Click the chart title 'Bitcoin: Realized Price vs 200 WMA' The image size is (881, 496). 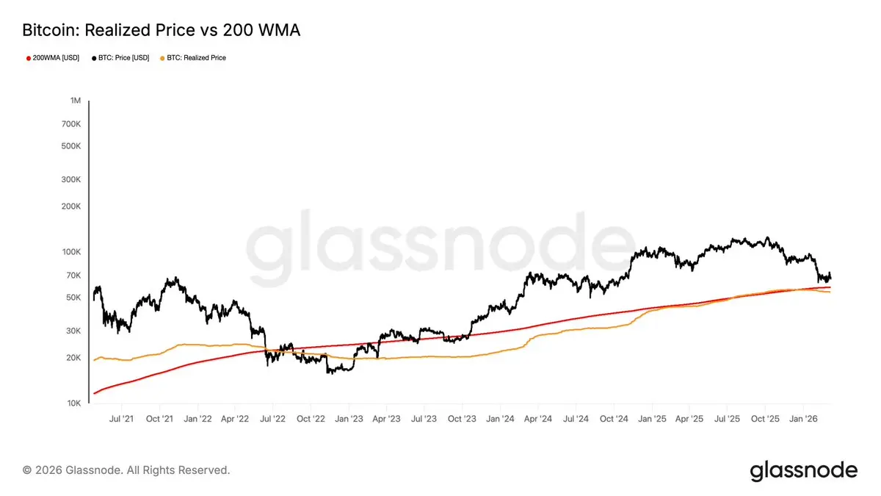(x=162, y=30)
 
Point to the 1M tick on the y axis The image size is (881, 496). (x=76, y=100)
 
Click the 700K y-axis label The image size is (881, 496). (x=71, y=124)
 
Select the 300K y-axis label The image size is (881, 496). (x=71, y=179)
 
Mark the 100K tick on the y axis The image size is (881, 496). (x=71, y=251)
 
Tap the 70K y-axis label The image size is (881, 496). (x=73, y=275)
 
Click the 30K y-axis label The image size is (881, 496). (x=73, y=331)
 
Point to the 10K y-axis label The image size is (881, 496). (x=73, y=403)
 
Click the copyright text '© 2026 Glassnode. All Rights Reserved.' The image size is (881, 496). (x=126, y=470)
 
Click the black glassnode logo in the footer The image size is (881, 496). (x=803, y=470)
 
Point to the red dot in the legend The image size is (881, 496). (x=28, y=58)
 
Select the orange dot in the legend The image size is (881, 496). (x=162, y=58)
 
